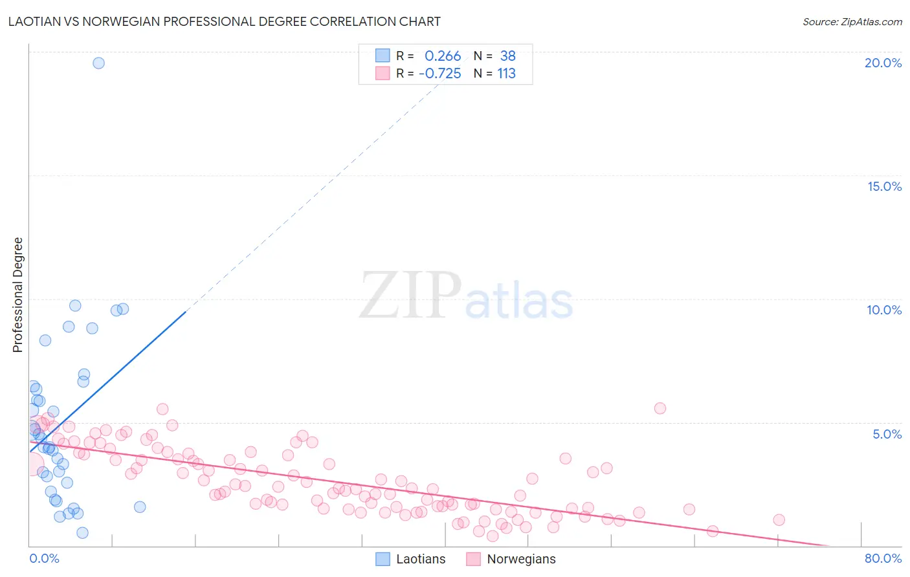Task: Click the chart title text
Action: pos(224,21)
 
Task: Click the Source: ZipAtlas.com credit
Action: pos(852,21)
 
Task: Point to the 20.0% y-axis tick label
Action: pos(883,63)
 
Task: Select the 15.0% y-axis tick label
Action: pos(884,186)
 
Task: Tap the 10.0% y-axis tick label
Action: pos(884,310)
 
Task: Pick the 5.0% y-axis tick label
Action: pos(887,434)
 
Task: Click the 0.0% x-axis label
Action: pos(44,558)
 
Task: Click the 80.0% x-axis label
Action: pos(883,558)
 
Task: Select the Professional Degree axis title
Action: pos(17,295)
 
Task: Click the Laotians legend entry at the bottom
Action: pos(410,559)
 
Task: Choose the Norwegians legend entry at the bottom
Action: pos(511,559)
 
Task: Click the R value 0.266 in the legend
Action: pos(443,56)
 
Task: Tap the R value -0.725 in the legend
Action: pos(440,74)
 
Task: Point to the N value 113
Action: pos(506,74)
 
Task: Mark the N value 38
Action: pos(507,56)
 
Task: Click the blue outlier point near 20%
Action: pos(98,63)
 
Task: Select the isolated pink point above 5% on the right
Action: pos(660,408)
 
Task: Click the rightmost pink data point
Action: pos(779,520)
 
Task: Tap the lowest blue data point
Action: pos(82,533)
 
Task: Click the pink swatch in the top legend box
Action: pos(383,73)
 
